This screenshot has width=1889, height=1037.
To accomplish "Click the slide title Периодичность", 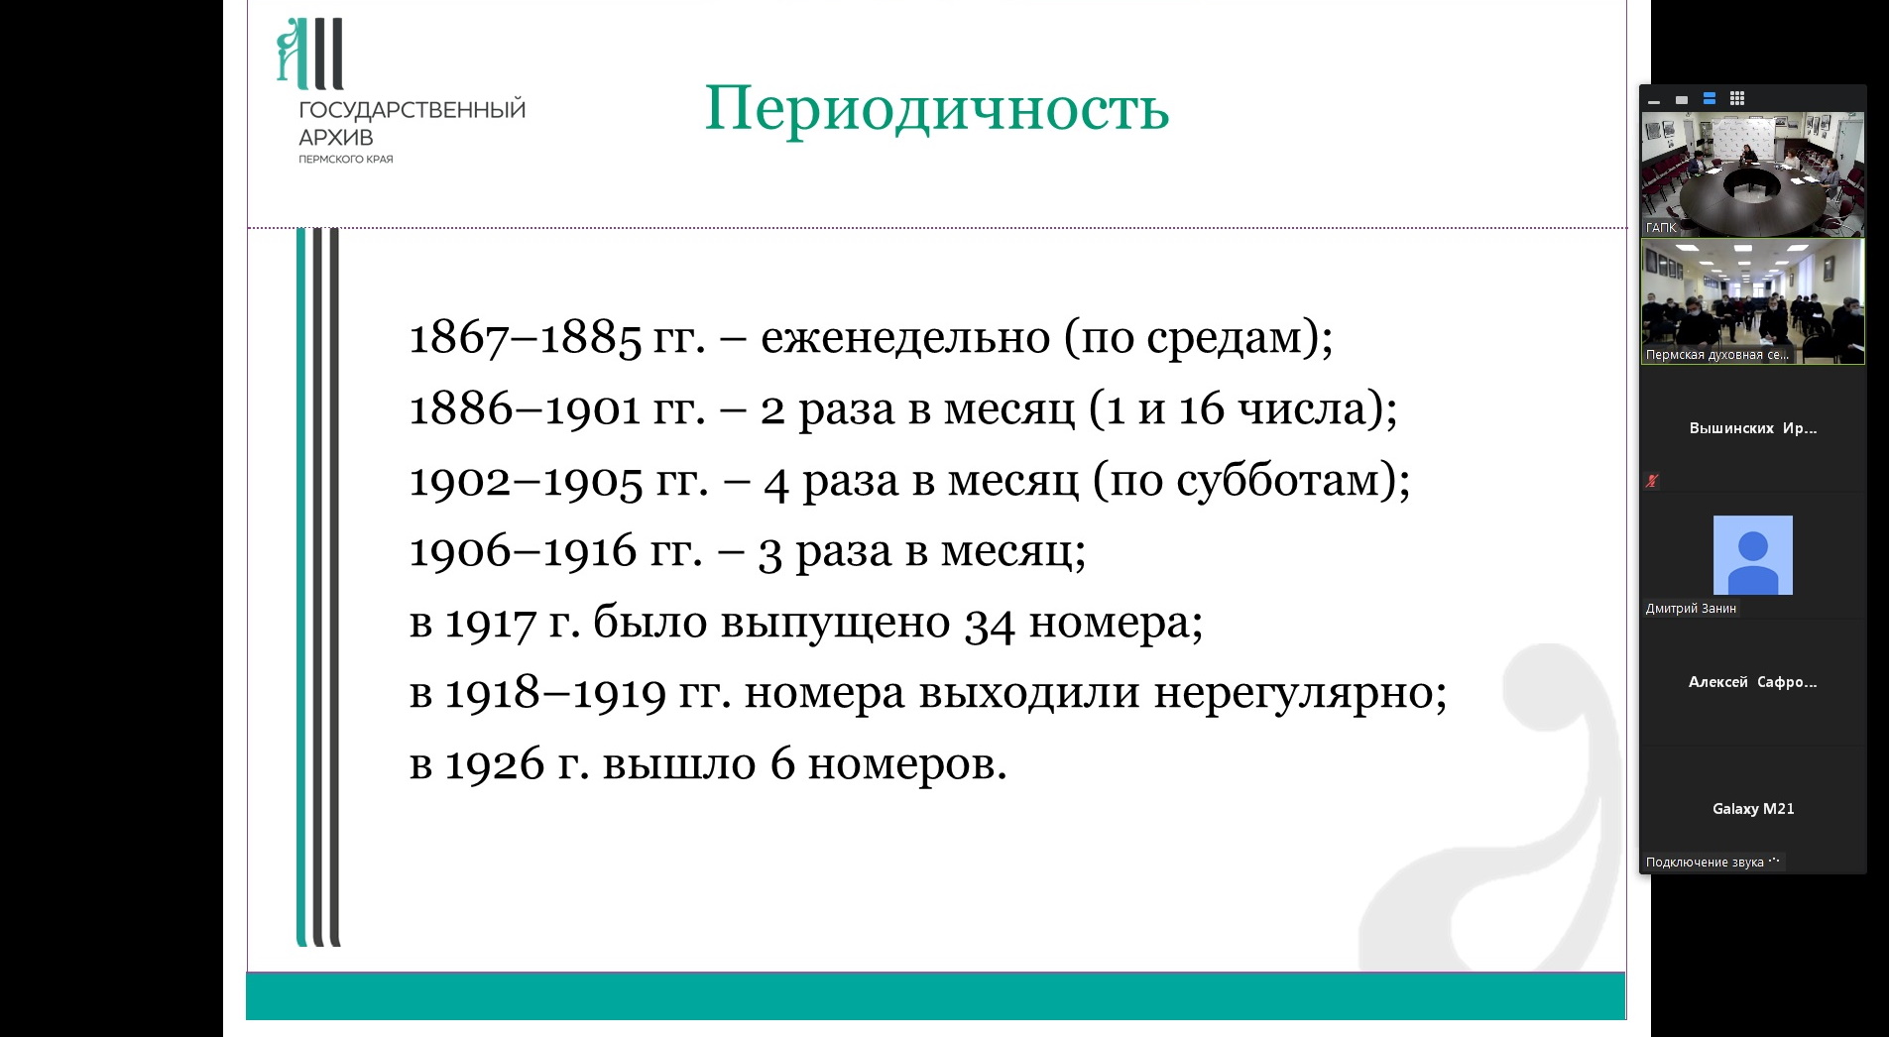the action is pos(937,108).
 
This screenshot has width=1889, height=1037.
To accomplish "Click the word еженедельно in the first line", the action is pos(905,337).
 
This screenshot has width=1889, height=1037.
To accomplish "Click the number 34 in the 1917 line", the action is pos(990,624).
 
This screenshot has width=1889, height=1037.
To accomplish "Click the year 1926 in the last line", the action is pos(495,764).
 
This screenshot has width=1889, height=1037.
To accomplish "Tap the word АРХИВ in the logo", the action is pos(336,138).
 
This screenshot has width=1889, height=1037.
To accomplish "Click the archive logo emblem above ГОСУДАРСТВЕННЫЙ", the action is pos(309,54).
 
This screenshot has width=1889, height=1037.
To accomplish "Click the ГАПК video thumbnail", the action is pos(1752,173).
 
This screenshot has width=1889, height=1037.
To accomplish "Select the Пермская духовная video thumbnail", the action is pos(1752,301).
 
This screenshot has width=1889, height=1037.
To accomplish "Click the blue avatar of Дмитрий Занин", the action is pos(1752,555).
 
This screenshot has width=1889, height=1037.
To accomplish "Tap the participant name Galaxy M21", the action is pos(1753,809).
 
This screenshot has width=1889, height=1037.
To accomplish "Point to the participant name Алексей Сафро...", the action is pos(1753,682).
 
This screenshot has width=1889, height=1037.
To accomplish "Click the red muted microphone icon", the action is pos(1652,481).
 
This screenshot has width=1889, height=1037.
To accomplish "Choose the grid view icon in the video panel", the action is pos(1737,99).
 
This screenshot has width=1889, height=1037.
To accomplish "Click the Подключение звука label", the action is pos(1705,863).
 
